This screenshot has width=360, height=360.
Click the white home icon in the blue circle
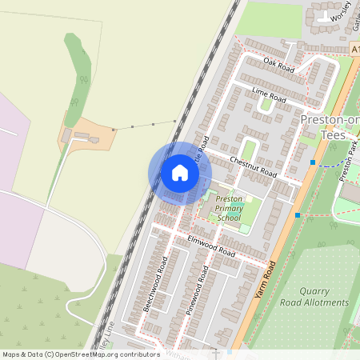180,172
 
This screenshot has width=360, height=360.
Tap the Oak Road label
279,66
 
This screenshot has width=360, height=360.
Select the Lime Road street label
269,95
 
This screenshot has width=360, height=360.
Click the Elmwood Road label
211,246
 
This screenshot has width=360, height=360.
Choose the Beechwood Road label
155,284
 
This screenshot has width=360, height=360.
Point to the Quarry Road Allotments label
314,298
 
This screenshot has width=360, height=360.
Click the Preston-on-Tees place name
330,127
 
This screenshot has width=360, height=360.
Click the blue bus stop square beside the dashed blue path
312,162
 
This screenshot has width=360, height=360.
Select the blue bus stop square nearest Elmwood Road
298,214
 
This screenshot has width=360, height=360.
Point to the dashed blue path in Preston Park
330,163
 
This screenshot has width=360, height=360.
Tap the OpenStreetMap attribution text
81,354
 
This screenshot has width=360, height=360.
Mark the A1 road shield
354,50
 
